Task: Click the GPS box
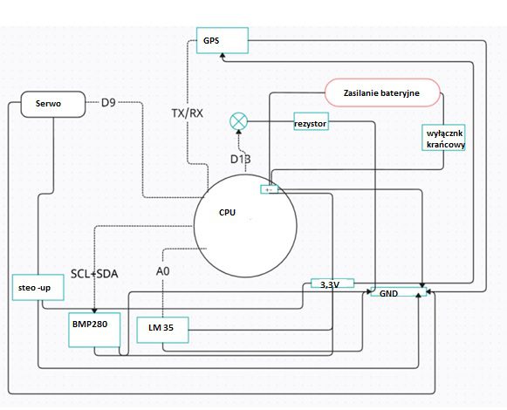coord(223,40)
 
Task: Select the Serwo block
coord(53,104)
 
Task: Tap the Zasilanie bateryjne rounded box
coord(382,92)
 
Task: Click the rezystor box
coord(311,121)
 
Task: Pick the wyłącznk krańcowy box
coord(443,138)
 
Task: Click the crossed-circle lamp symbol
coord(238,121)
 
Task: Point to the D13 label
coord(240,159)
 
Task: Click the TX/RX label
coord(188,113)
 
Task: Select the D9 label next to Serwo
coord(108,103)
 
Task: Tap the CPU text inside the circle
coord(227,213)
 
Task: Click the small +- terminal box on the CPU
coord(270,189)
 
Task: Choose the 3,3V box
coord(332,284)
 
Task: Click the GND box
coord(398,292)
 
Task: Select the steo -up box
coord(38,288)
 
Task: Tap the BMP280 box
coord(94,330)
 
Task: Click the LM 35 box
coord(162,330)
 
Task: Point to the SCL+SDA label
coord(94,274)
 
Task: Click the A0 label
coord(162,271)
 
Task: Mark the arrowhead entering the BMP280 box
coord(94,311)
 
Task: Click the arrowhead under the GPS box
coord(223,56)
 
